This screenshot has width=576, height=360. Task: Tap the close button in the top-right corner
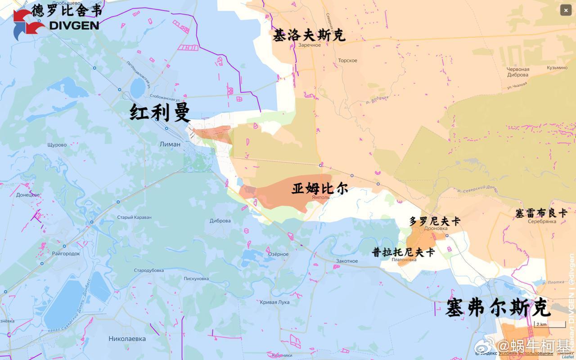tap(566, 10)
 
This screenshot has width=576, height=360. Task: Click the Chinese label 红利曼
tap(160, 112)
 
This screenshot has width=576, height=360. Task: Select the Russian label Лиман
tap(170, 144)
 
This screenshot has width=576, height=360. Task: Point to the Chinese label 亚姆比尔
tap(319, 188)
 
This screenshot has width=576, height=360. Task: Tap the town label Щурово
tap(57, 145)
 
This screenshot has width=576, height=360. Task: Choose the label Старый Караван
tap(134, 217)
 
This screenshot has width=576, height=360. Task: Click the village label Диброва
tap(220, 221)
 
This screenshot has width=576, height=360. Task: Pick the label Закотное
tap(346, 261)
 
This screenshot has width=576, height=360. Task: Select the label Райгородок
tap(66, 254)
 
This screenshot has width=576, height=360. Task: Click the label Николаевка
tap(127, 338)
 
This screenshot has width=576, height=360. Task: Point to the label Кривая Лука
tap(274, 302)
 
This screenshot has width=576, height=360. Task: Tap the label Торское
tap(347, 61)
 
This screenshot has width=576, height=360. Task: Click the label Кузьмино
tap(557, 68)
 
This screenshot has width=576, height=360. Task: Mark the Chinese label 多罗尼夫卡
tap(435, 221)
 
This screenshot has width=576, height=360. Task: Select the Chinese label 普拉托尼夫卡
tap(403, 252)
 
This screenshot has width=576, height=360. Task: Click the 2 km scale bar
tap(549, 324)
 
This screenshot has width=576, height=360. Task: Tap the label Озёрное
tap(278, 254)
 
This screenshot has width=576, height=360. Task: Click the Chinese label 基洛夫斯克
tap(309, 35)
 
